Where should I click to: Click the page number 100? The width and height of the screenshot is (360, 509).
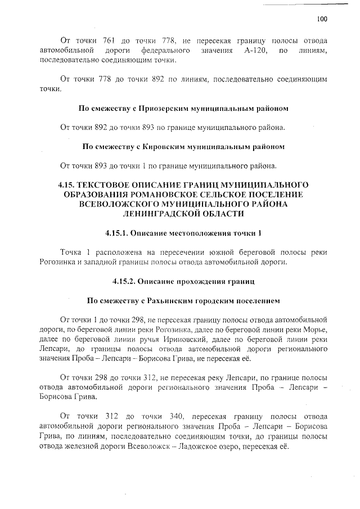pos(321,19)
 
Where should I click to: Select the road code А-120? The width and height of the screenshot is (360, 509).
pos(254,51)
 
